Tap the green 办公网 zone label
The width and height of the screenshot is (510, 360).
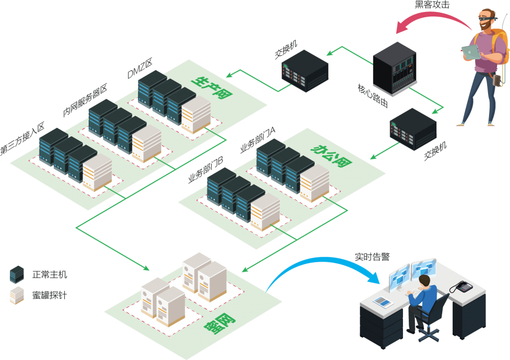point(324,156)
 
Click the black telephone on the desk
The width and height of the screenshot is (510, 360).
point(461,287)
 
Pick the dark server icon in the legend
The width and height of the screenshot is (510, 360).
point(16,274)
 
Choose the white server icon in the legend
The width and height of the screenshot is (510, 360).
point(16,295)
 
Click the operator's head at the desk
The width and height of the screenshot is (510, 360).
point(424,282)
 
